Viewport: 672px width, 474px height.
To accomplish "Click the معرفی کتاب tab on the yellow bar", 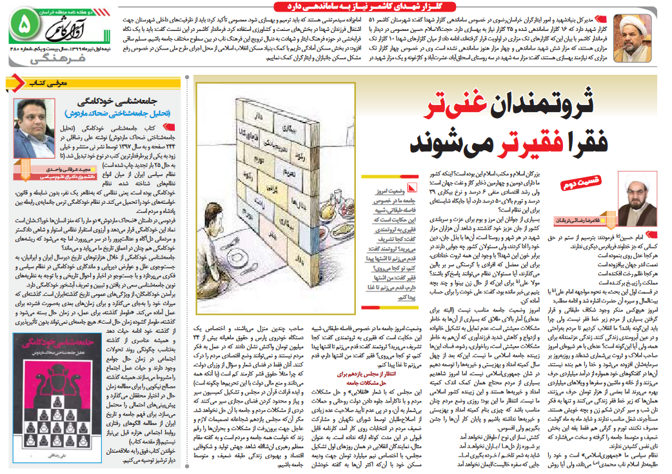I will (42, 83).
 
